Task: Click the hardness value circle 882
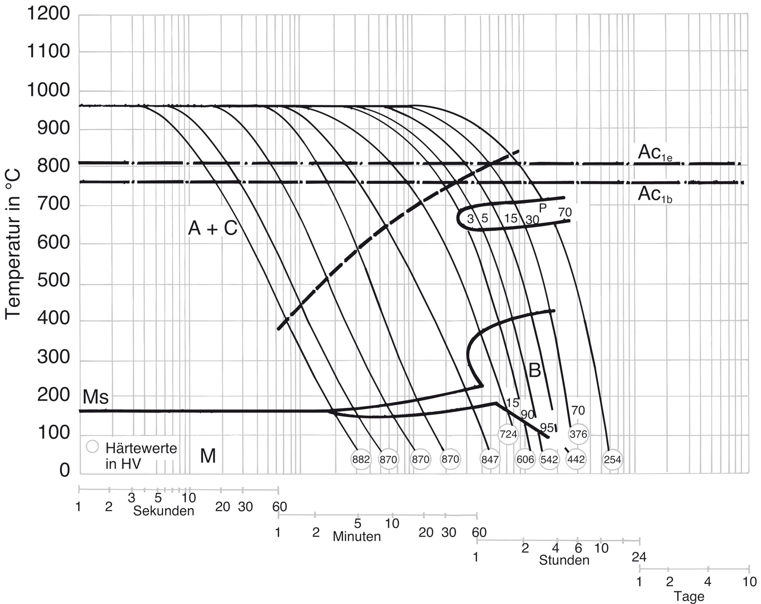coord(361,459)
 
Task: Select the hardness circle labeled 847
coord(490,459)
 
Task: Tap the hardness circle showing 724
coord(508,434)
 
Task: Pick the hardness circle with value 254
coord(612,459)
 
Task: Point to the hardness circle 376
coord(578,434)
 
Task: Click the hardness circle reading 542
coord(549,459)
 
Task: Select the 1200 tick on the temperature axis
coord(48,14)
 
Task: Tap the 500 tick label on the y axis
coord(53,281)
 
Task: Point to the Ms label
coord(95,397)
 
